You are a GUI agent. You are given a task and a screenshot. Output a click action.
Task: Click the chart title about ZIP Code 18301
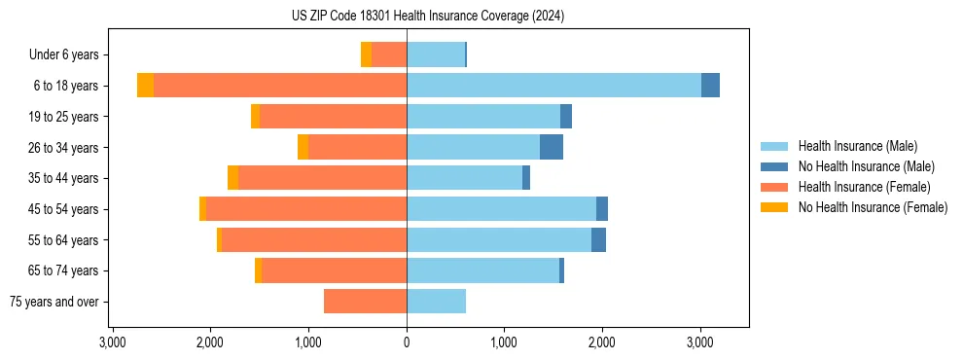coord(427,17)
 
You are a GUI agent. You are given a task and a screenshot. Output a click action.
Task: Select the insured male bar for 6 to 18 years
coord(553,86)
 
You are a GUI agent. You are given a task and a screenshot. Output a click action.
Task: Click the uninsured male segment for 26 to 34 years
coord(552,147)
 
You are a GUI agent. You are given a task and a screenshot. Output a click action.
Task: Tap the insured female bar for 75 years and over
coord(365,302)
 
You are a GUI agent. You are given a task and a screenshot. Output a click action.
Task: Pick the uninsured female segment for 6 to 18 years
coord(145,86)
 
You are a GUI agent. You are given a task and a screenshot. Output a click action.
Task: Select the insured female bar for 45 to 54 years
coord(306,209)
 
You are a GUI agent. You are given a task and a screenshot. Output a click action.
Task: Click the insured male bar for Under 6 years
coord(436,54)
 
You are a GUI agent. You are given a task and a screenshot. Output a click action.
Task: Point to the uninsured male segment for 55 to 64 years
coord(598,240)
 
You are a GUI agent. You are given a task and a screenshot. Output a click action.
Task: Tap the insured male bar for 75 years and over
coord(436,302)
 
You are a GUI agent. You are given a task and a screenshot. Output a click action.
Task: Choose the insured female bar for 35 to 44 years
coord(322,178)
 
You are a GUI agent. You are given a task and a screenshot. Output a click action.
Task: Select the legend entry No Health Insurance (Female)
coord(873,207)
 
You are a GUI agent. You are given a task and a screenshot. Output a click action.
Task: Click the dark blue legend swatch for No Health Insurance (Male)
coord(775,166)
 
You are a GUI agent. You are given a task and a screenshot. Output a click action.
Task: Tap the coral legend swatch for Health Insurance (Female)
coord(775,187)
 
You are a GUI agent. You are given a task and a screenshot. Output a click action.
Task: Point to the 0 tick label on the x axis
coord(407,342)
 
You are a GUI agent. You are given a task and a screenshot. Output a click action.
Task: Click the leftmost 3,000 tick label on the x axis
coord(113,342)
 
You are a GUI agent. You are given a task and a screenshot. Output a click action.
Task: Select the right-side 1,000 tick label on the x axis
coord(504,342)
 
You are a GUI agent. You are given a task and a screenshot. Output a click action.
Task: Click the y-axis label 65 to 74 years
coord(64,271)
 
